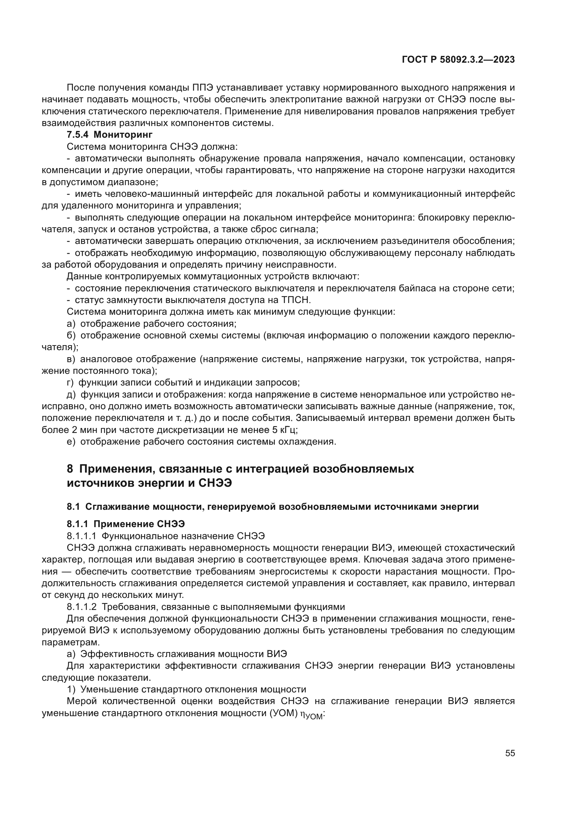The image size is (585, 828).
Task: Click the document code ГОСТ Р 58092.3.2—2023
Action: coord(458,60)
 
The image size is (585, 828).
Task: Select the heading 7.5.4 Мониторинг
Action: coord(110,135)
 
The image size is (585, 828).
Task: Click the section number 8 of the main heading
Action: coord(70,469)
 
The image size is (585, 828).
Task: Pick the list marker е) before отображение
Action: coord(71,442)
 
